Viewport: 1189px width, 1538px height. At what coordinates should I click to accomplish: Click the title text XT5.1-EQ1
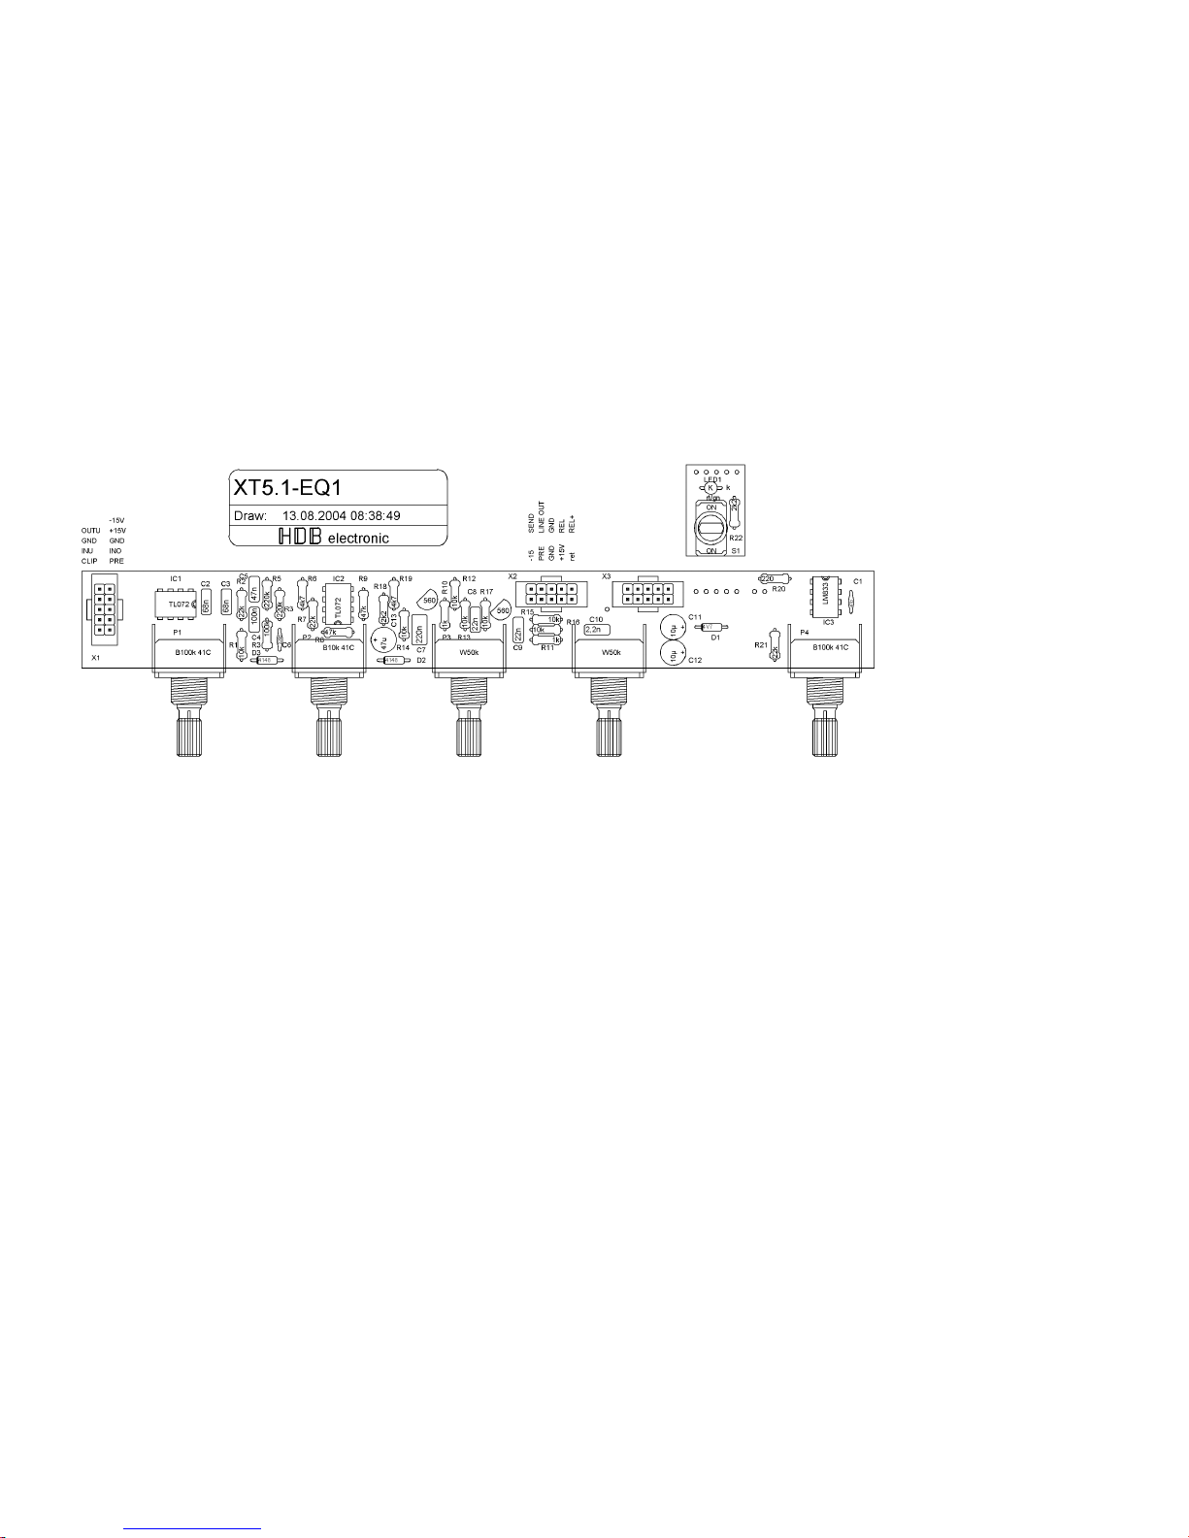pos(286,485)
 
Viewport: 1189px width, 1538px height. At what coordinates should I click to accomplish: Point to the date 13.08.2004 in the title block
pos(314,516)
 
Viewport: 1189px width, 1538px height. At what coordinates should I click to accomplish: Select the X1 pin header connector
pos(103,609)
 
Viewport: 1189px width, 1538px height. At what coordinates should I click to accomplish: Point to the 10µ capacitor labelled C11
pos(674,628)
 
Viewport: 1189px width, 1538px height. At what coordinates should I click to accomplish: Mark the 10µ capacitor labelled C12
pos(674,656)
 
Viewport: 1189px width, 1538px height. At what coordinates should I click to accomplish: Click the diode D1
pos(709,627)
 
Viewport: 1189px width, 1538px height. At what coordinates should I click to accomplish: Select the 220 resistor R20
pos(767,578)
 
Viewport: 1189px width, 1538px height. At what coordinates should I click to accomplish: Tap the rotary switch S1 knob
pos(711,529)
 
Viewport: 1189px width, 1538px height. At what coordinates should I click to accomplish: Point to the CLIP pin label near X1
pos(89,561)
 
